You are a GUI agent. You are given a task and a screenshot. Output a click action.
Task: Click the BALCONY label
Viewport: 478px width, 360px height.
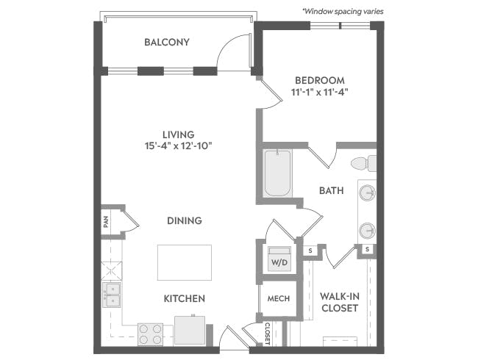[167, 42]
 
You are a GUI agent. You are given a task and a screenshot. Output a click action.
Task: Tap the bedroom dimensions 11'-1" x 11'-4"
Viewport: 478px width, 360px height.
[319, 92]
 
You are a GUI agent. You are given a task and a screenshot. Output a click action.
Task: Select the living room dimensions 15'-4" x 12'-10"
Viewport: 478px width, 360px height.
[179, 146]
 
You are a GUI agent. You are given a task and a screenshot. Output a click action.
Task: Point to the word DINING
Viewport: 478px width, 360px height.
[185, 220]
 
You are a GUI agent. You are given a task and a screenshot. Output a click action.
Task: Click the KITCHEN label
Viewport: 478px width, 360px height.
[185, 298]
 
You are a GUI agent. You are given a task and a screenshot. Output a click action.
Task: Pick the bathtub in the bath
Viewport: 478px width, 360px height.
[277, 173]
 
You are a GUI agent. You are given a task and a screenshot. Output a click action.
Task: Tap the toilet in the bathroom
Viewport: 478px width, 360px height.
[363, 164]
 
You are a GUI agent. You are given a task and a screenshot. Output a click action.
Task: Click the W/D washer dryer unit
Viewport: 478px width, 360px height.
[279, 259]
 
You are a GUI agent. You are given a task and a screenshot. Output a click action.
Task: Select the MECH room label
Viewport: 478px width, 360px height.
[279, 298]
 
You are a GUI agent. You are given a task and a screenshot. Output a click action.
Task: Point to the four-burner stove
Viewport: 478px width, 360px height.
[150, 334]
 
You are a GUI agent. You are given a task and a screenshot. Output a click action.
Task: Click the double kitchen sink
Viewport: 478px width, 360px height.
[111, 295]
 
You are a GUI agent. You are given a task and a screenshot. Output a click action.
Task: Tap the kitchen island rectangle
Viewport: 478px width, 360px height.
[185, 262]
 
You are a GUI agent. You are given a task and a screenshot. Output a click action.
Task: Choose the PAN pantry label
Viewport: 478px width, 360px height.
[106, 222]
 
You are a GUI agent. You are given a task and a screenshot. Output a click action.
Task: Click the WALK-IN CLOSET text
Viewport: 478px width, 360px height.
[340, 302]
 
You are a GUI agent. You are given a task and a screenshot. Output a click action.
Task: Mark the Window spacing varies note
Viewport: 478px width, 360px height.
[343, 11]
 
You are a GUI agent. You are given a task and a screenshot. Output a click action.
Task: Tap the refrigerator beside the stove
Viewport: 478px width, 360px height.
[190, 331]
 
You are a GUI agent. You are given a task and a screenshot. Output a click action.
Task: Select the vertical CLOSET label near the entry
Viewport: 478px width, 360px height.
[268, 334]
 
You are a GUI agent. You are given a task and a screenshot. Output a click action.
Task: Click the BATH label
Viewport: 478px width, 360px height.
[332, 191]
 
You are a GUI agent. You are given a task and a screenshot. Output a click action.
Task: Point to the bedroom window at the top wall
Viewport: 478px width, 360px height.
[340, 26]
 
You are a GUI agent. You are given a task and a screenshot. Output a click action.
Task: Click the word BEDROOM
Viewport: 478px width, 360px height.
[320, 80]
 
